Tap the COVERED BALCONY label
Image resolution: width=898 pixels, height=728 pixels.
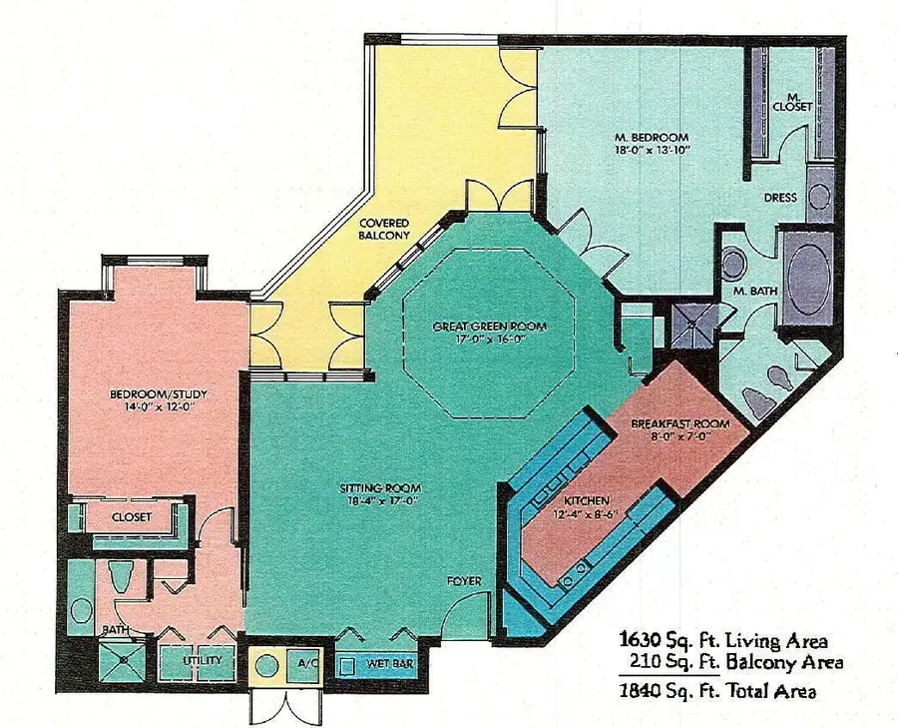(x=384, y=227)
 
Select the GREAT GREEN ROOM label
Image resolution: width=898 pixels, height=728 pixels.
(x=491, y=327)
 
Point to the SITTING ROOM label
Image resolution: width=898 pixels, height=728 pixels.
(x=380, y=487)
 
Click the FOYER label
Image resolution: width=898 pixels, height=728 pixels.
(x=464, y=580)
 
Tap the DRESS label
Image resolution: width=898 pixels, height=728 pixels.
(x=780, y=198)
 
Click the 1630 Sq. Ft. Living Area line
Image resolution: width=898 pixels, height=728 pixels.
(x=722, y=639)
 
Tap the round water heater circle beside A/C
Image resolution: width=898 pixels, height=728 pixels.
(x=268, y=663)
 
